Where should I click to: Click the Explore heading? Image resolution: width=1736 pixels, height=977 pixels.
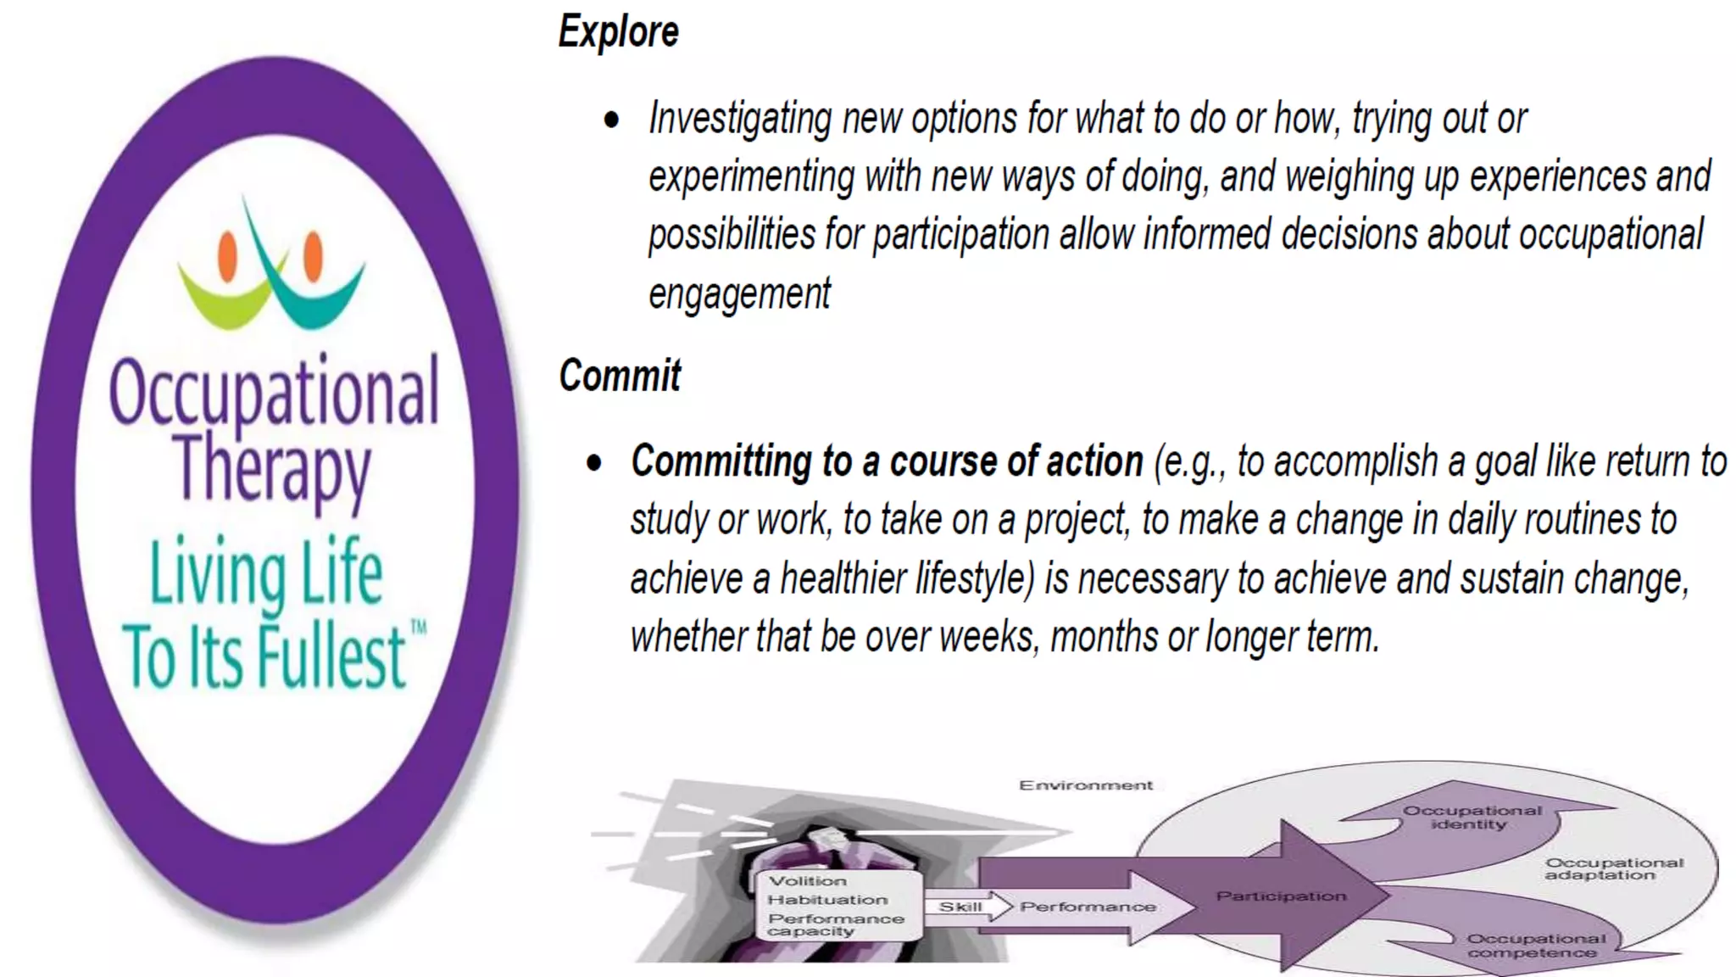pyautogui.click(x=618, y=32)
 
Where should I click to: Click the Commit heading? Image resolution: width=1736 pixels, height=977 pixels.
pyautogui.click(x=620, y=376)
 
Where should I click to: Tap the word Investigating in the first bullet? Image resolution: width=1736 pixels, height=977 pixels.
pyautogui.click(x=739, y=119)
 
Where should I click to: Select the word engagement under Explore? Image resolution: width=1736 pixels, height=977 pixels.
pyautogui.click(x=739, y=294)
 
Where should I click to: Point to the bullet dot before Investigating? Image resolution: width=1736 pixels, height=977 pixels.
pyautogui.click(x=611, y=120)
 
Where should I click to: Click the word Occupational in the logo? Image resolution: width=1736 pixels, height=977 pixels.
pyautogui.click(x=274, y=393)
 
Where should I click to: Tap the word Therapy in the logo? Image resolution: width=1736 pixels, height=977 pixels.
pyautogui.click(x=272, y=469)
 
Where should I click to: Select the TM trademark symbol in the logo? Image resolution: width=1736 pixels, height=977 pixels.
pyautogui.click(x=418, y=628)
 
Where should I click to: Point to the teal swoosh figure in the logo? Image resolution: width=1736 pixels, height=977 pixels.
pyautogui.click(x=314, y=293)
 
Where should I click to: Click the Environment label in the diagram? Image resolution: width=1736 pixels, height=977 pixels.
pyautogui.click(x=1086, y=785)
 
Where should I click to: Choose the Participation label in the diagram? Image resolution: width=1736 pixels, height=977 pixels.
pyautogui.click(x=1281, y=896)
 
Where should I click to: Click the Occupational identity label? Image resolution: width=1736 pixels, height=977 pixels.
pyautogui.click(x=1472, y=817)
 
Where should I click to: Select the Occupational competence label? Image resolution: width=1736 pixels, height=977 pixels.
pyautogui.click(x=1535, y=946)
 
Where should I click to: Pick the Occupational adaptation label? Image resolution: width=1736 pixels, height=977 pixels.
pyautogui.click(x=1613, y=868)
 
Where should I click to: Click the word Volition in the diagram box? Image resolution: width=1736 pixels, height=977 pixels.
pyautogui.click(x=807, y=881)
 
